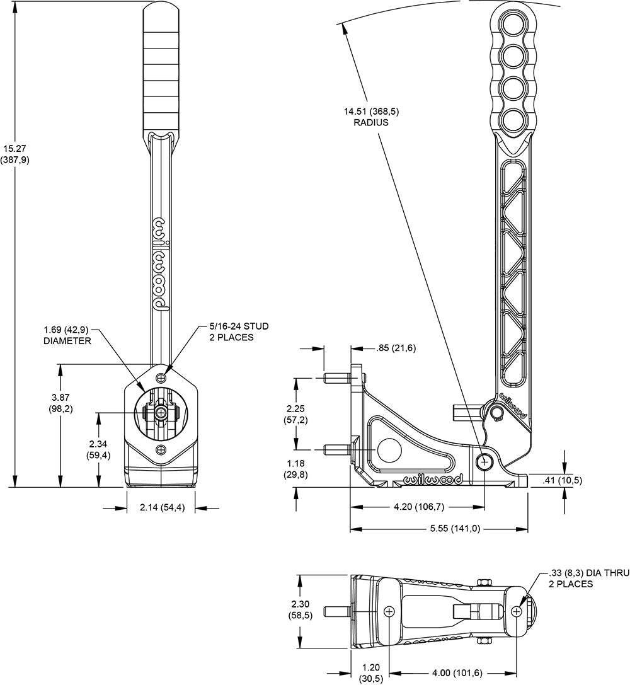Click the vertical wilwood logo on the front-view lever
pyautogui.click(x=161, y=265)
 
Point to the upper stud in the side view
pyautogui.click(x=336, y=378)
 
